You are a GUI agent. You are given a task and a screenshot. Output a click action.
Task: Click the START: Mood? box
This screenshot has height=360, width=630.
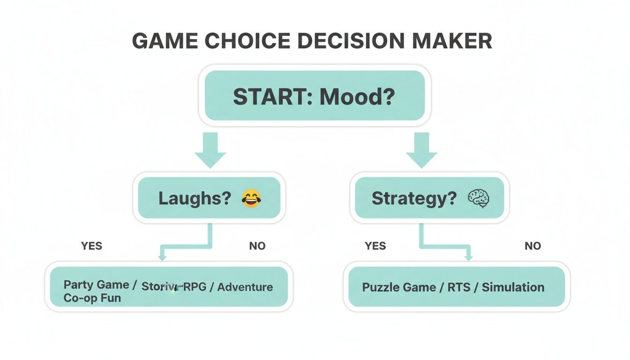314,96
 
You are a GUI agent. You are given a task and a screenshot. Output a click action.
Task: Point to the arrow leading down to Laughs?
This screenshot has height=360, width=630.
210,150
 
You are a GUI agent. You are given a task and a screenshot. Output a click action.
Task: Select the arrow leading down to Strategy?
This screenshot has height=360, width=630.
421,150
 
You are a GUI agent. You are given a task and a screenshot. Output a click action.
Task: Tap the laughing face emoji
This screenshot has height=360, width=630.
251,199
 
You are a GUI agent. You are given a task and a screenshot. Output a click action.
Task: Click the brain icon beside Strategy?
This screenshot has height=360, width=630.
478,199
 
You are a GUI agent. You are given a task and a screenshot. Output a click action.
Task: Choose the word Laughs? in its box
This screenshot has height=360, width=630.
195,199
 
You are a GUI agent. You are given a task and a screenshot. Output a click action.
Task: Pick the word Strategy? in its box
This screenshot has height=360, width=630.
414,199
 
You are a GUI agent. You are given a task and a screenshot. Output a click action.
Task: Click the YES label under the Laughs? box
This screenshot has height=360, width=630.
91,246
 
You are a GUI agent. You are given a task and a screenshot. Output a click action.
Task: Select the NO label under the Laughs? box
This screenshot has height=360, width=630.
257,246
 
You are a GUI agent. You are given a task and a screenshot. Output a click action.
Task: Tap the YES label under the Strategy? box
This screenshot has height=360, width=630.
375,246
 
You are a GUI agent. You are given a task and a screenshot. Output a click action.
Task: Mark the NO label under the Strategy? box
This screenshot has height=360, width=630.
532,246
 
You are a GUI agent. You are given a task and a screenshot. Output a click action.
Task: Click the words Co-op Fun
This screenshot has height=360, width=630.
92,298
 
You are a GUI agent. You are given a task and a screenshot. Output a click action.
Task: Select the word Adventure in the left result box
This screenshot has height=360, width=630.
245,287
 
